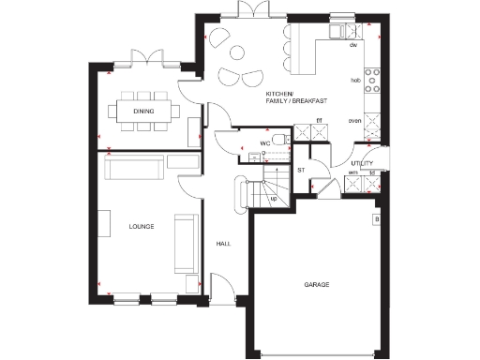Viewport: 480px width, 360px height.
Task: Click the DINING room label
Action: click(x=143, y=112)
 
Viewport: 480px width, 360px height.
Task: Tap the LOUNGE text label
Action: click(x=141, y=226)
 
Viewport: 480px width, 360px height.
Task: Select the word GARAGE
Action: click(x=316, y=283)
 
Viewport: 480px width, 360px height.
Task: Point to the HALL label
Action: click(x=223, y=244)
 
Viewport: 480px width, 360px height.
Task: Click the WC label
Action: click(x=239, y=144)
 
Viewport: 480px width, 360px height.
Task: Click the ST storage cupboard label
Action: click(x=301, y=170)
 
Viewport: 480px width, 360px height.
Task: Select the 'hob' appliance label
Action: click(x=354, y=82)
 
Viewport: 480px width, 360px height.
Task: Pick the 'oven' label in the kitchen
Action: click(x=354, y=121)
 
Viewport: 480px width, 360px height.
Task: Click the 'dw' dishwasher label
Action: click(x=353, y=45)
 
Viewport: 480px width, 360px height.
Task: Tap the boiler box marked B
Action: click(x=377, y=220)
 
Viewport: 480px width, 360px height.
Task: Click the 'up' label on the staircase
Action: click(x=273, y=199)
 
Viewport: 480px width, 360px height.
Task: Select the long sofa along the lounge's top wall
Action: click(x=135, y=169)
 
